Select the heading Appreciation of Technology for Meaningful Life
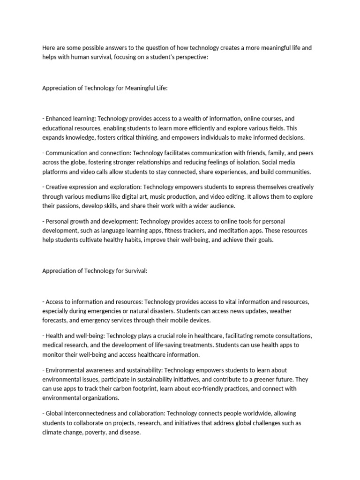105,87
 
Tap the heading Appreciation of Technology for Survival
95,270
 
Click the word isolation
262,163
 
